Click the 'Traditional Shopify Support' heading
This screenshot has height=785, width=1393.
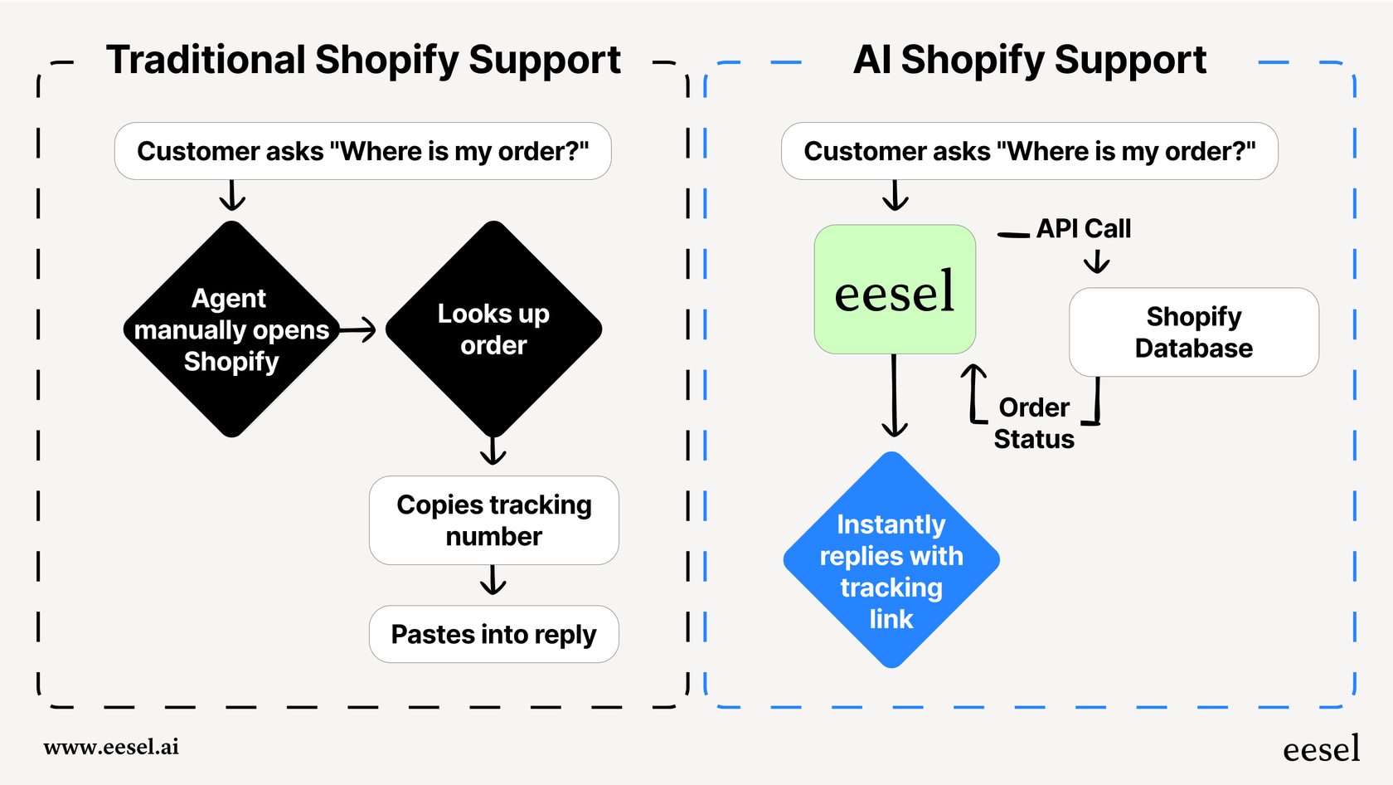(363, 60)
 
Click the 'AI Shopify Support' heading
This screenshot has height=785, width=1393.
(1029, 60)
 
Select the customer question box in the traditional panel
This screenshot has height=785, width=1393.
(362, 151)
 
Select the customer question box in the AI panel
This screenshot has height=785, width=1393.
(1029, 151)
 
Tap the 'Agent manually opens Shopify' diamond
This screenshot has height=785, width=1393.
(232, 329)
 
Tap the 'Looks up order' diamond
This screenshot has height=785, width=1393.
(493, 329)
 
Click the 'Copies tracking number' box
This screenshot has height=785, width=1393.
(493, 520)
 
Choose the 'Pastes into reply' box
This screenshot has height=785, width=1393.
(493, 634)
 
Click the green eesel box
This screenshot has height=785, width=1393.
(895, 290)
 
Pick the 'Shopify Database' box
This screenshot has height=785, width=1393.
(1193, 332)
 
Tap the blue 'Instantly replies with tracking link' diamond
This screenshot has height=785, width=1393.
(891, 560)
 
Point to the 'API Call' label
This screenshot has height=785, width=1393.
(1083, 228)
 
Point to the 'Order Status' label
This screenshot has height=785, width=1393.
(1034, 423)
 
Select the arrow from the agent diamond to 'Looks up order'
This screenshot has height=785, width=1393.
(358, 329)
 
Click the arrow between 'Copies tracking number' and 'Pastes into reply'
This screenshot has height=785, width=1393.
(493, 580)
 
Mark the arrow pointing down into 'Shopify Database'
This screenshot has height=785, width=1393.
(1096, 262)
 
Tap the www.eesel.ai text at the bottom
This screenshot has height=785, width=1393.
(111, 747)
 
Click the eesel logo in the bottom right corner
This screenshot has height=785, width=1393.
(1321, 749)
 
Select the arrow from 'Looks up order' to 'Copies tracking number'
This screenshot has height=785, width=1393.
(493, 451)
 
